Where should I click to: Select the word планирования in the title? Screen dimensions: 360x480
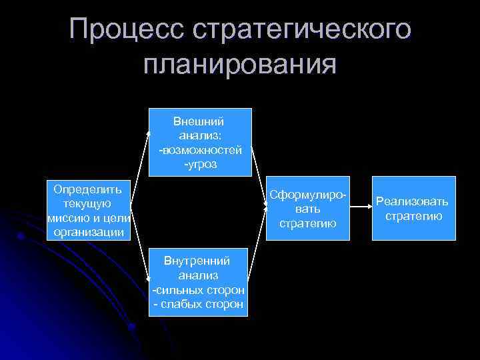click(x=240, y=65)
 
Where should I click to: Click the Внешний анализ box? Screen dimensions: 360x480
click(x=199, y=142)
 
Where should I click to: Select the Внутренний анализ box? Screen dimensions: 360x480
click(x=199, y=282)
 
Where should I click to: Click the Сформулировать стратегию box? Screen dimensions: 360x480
click(x=307, y=209)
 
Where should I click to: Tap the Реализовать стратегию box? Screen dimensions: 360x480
click(x=413, y=208)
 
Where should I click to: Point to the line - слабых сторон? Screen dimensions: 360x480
click(x=199, y=304)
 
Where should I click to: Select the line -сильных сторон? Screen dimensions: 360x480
click(x=199, y=291)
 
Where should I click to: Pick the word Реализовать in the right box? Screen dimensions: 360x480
click(x=413, y=201)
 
